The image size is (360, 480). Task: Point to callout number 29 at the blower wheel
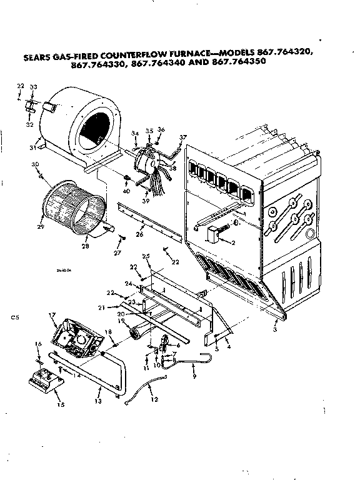pos(41,217)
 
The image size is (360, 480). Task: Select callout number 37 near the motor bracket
pos(183,137)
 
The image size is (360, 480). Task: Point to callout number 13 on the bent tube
pos(97,399)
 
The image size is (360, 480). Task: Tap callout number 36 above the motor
pos(161,129)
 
